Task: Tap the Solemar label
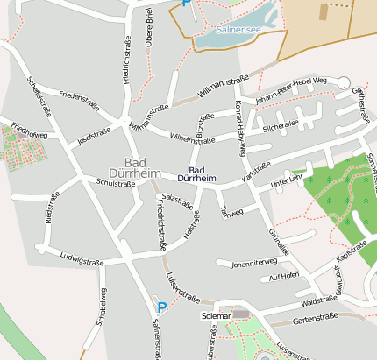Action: coord(216,314)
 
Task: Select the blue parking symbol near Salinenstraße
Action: coord(161,307)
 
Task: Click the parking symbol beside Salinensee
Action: coord(186,3)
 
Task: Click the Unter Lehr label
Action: coord(287,180)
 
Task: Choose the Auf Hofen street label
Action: coord(285,276)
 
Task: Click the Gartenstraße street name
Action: coord(316,320)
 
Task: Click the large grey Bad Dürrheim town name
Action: coord(136,168)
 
